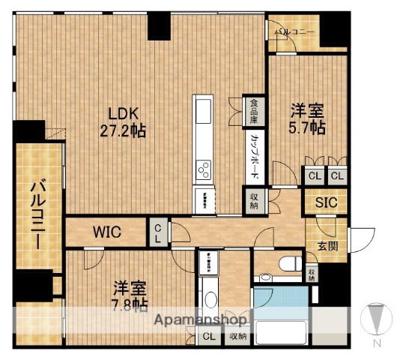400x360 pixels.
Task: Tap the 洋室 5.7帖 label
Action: coord(307,119)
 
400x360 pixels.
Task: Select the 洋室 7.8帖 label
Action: coord(130,295)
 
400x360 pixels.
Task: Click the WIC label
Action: coord(107,231)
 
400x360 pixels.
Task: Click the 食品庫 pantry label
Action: coord(255,110)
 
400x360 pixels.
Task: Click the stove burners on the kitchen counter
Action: coord(204,172)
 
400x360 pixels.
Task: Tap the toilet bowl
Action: coord(288,263)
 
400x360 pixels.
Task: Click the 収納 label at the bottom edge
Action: coord(238,337)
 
